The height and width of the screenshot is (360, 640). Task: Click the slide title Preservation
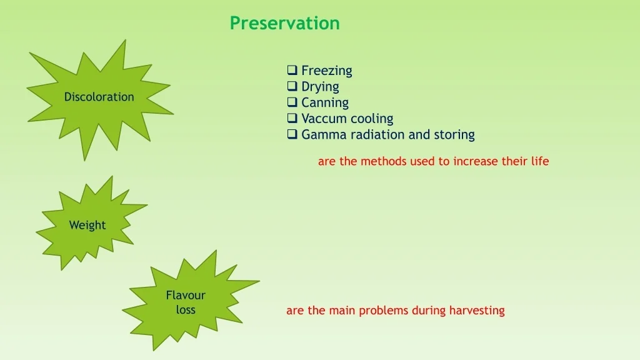(284, 23)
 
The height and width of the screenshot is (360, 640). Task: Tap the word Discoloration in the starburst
(99, 97)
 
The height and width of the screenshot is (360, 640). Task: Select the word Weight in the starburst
(87, 225)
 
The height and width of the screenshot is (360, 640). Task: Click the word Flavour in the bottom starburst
(186, 295)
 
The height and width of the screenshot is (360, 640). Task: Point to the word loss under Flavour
(186, 310)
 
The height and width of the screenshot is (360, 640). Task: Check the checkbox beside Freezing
(292, 70)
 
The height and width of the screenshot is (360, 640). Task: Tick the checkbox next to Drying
(292, 86)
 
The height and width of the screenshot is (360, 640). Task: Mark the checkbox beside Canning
(292, 102)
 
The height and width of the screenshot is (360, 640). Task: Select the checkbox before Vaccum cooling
(292, 118)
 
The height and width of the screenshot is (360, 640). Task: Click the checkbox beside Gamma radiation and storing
(292, 134)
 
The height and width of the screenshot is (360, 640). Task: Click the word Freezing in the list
(326, 71)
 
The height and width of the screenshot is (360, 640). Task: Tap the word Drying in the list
(320, 87)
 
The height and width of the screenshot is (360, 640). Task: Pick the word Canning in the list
(325, 103)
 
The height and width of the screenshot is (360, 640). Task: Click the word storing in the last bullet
(454, 135)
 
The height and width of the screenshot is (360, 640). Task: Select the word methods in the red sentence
(384, 161)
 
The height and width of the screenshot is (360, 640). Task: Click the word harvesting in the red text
(477, 311)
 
